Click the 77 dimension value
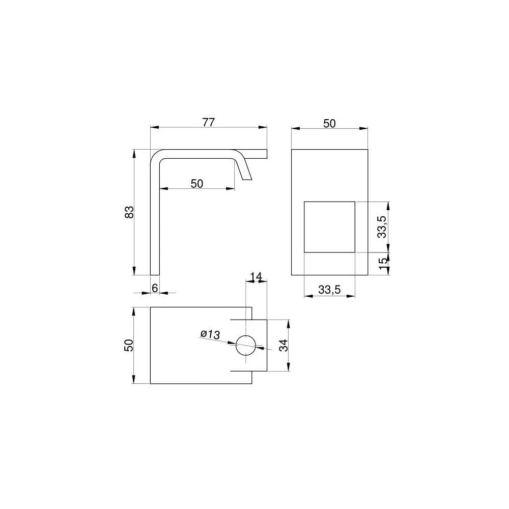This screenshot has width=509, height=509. pos(208,122)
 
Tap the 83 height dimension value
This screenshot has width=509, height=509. pos(129,212)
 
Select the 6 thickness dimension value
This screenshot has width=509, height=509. pos(155,288)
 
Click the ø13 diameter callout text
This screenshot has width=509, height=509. pos(210,334)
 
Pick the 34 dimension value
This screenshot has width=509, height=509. pos(284,346)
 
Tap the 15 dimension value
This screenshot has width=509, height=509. pos(383,262)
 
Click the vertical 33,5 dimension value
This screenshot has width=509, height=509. pos(382,227)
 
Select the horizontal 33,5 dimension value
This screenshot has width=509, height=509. pos(329,290)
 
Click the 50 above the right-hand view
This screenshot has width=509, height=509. pos(329,123)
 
